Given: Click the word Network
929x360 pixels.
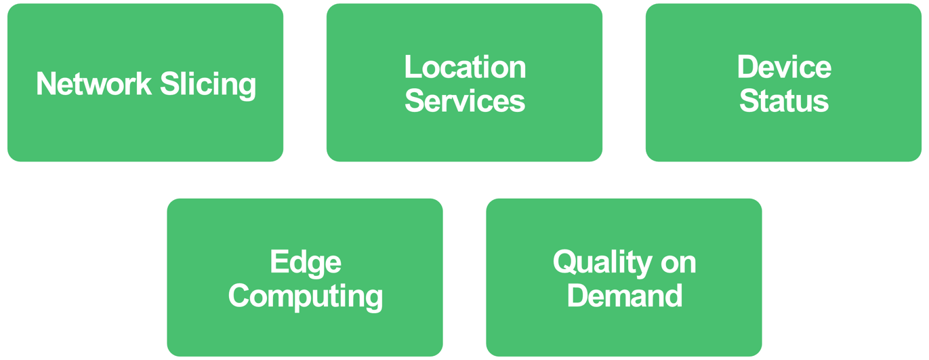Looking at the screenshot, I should (x=94, y=84).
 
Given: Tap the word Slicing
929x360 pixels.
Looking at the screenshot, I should (x=208, y=85).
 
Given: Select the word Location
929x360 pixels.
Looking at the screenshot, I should (x=465, y=67).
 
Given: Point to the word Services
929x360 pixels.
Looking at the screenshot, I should (x=465, y=101).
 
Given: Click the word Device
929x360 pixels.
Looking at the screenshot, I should (x=784, y=67).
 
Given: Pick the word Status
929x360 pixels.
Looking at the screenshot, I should (x=784, y=101).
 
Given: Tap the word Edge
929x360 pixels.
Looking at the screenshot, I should (x=305, y=262).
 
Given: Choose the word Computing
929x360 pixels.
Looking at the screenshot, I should (x=305, y=296).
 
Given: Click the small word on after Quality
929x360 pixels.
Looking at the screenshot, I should (x=678, y=263).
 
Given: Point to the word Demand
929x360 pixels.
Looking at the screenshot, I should (x=624, y=296).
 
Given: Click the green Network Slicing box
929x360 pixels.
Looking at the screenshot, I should (x=145, y=136).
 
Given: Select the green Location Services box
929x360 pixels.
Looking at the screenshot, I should (x=465, y=139).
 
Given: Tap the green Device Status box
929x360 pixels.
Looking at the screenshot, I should (x=784, y=139).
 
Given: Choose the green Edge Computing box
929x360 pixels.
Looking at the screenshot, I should (x=305, y=332).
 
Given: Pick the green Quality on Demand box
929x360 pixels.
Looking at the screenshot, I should (x=624, y=332).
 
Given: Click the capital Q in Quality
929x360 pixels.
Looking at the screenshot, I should (x=564, y=262).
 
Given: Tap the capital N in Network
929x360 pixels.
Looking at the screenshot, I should (x=46, y=84).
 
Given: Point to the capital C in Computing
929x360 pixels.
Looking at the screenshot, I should (x=239, y=296).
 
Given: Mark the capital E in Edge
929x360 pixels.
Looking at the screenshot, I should (x=278, y=262).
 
